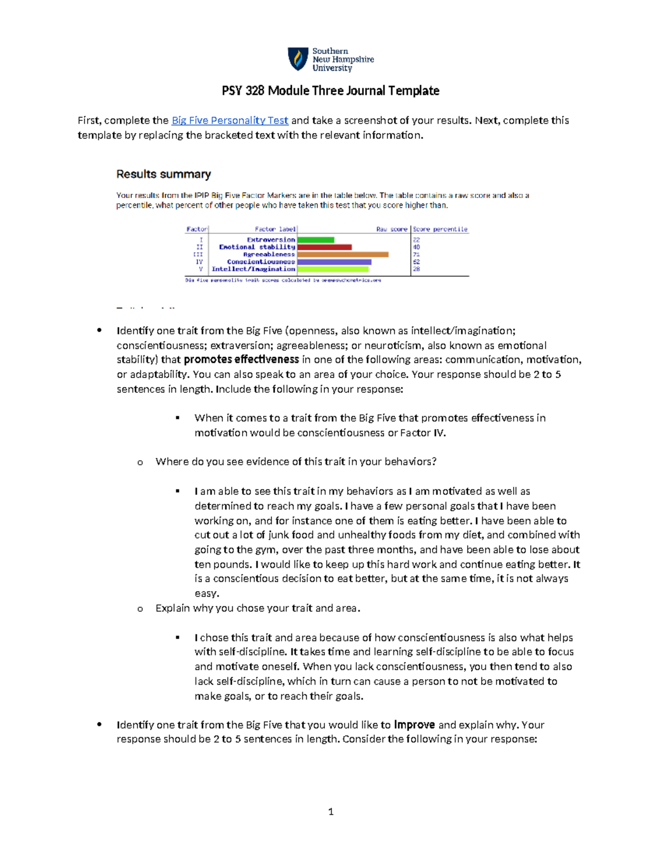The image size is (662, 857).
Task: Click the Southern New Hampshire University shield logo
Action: pos(298,59)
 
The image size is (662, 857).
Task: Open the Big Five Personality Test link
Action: pos(229,120)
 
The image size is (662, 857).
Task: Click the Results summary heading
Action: pos(163,174)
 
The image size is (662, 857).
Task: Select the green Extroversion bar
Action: pos(316,240)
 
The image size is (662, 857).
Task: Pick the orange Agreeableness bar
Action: pos(343,254)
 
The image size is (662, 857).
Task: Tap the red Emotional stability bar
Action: pos(324,247)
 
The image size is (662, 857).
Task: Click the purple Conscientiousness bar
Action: pos(334,262)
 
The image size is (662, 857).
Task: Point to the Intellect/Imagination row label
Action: pos(253,269)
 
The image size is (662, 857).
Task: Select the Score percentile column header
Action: pos(440,229)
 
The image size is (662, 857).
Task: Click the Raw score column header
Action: pos(392,229)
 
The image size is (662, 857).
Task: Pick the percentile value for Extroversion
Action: pos(417,240)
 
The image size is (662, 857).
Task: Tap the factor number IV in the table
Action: pos(200,262)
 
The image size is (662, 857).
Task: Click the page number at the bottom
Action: pos(330,811)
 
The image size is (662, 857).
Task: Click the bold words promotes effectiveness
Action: pos(241,360)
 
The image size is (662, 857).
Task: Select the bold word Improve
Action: pos(414,725)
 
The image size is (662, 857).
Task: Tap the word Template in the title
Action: pos(414,91)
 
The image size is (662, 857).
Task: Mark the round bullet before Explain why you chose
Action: pos(140,609)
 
